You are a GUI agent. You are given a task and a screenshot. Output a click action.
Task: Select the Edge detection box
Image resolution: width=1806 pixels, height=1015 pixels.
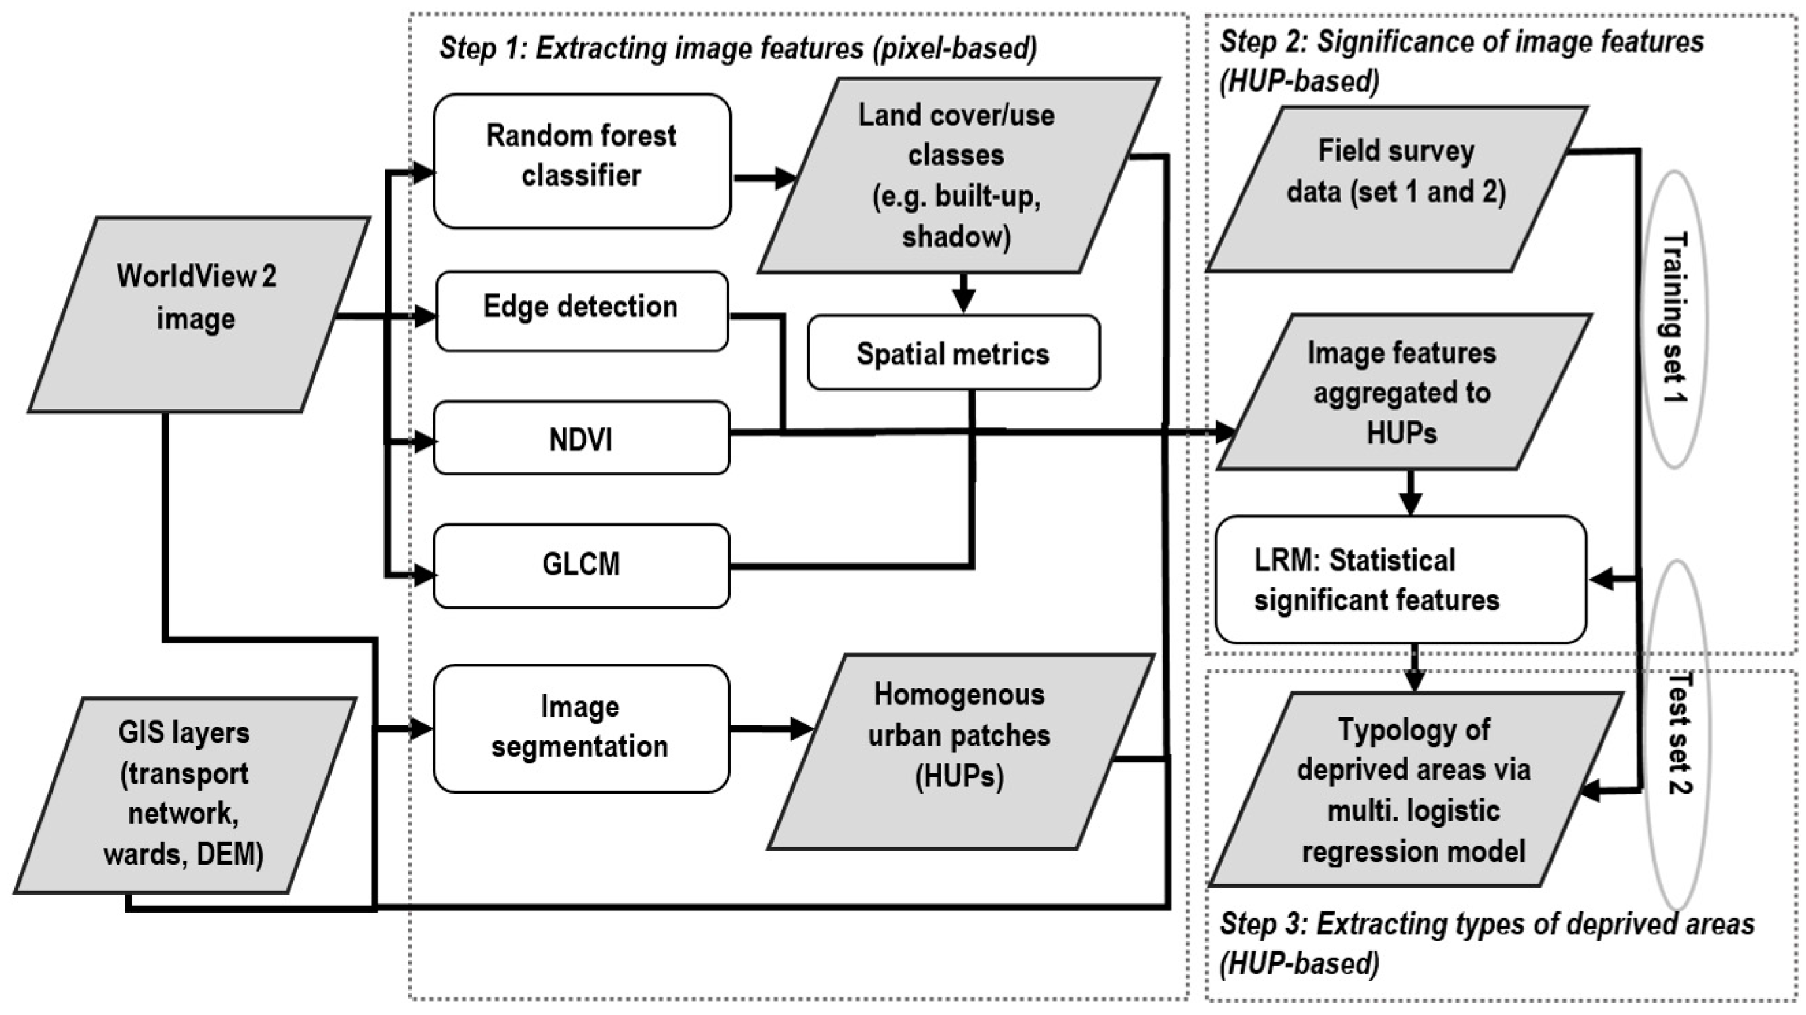click(x=581, y=311)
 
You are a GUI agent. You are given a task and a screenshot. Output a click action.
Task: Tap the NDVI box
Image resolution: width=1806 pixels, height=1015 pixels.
click(x=581, y=438)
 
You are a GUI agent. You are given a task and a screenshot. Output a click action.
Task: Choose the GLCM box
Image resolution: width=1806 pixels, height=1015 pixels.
click(x=581, y=566)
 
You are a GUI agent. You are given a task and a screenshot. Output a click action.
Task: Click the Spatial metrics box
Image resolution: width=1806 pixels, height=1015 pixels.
click(x=953, y=353)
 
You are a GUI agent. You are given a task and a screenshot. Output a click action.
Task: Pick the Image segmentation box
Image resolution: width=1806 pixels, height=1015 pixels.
click(x=581, y=728)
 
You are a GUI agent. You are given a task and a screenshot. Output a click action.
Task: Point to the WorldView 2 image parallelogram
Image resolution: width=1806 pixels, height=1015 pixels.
click(x=198, y=313)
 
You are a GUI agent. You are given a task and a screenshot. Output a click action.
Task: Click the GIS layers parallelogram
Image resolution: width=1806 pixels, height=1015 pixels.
click(x=184, y=794)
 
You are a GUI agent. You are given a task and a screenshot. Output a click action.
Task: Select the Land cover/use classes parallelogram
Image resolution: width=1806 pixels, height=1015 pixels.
click(x=957, y=175)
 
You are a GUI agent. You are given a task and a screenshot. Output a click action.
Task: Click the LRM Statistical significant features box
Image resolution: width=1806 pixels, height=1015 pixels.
click(x=1401, y=579)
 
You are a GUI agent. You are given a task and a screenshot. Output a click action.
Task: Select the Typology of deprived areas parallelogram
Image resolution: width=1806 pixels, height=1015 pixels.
click(x=1413, y=790)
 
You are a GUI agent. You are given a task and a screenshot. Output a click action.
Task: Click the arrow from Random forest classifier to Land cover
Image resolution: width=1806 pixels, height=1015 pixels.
click(x=764, y=178)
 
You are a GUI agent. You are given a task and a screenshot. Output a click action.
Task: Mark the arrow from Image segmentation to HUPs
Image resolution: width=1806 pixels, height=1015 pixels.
click(x=770, y=728)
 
